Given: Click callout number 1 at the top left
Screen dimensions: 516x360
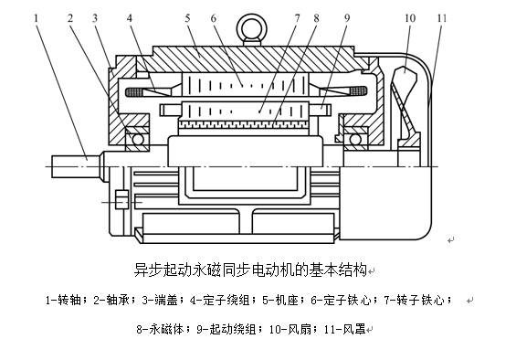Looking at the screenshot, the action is pyautogui.click(x=36, y=17).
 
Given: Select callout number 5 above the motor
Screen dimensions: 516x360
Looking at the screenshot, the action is pyautogui.click(x=187, y=17).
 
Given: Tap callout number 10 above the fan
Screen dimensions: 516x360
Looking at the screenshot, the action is pyautogui.click(x=410, y=17).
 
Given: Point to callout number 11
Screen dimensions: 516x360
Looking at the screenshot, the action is pyautogui.click(x=442, y=17).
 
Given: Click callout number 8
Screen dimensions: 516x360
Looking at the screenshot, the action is pyautogui.click(x=316, y=17).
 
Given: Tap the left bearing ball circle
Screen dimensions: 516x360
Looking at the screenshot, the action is pyautogui.click(x=138, y=140).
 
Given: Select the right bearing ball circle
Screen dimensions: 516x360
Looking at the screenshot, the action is pyautogui.click(x=355, y=140).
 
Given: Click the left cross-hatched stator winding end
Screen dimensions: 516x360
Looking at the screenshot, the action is pyautogui.click(x=135, y=91).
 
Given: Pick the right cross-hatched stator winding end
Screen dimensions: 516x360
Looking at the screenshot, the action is pyautogui.click(x=358, y=90).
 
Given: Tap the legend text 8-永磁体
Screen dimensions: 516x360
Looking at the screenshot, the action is pyautogui.click(x=160, y=329).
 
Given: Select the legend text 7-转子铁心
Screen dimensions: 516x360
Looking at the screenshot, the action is pyautogui.click(x=414, y=300).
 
